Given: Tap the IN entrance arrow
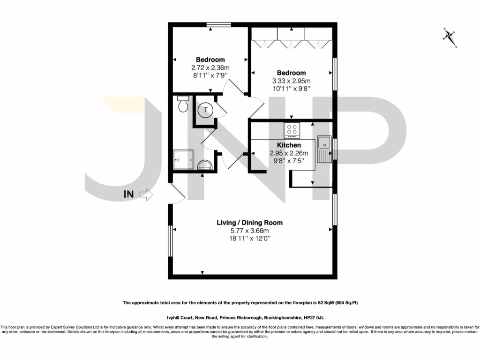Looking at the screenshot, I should pos(147,195).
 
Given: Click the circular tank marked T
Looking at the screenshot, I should pos(205,110).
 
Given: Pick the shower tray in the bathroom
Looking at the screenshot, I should pos(183,159).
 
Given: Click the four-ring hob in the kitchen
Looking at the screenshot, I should pos(292,130).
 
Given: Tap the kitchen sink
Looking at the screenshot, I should pos(324,149).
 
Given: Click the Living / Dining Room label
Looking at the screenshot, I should pos(249,223).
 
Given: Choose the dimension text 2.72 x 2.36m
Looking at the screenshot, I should pos(210,67).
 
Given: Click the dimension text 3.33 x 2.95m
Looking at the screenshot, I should pos(291,81).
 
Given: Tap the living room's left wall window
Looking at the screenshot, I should pos(170,240).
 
